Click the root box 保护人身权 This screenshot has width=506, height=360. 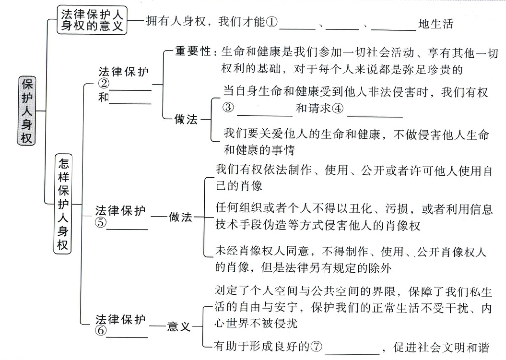pyautogui.click(x=27, y=110)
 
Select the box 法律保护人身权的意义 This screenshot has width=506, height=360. pyautogui.click(x=92, y=19)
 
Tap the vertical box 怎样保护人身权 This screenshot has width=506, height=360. pyautogui.click(x=63, y=204)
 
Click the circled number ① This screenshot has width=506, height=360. pyautogui.click(x=273, y=23)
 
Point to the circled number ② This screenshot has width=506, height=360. pyautogui.click(x=104, y=84)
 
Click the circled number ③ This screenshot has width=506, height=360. pyautogui.click(x=228, y=108)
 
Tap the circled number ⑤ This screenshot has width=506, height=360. pyautogui.click(x=101, y=222)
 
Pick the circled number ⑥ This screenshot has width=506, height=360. pyautogui.click(x=101, y=331)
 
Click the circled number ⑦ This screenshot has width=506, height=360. pyautogui.click(x=316, y=347)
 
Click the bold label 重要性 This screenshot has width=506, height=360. pyautogui.click(x=193, y=52)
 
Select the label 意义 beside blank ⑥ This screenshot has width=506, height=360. pyautogui.click(x=179, y=326)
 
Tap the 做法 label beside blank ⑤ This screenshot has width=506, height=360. pyautogui.click(x=181, y=217)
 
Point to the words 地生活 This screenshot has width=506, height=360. pyautogui.click(x=435, y=23)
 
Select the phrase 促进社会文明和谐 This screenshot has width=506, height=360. pyautogui.click(x=441, y=347)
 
